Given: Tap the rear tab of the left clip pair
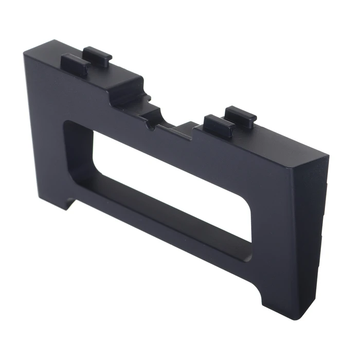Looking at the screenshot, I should (98, 56).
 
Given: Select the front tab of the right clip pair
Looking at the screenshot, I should (218, 126).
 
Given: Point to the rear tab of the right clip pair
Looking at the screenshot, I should (241, 117).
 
